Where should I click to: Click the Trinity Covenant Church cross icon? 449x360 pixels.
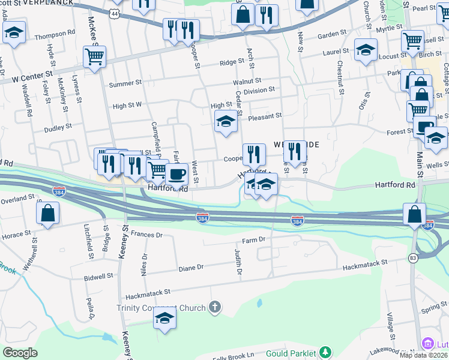tap(215, 308)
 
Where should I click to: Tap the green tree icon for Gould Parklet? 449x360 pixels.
tap(325, 352)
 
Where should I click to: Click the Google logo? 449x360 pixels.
tap(20, 353)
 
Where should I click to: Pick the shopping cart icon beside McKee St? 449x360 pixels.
tap(94, 56)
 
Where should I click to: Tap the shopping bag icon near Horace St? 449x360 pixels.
tap(47, 213)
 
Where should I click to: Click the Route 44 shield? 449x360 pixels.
tap(115, 13)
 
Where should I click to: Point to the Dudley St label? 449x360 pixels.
tap(58, 127)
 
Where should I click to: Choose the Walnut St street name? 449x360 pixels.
tap(247, 80)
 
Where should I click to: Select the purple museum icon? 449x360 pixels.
tap(428, 344)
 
